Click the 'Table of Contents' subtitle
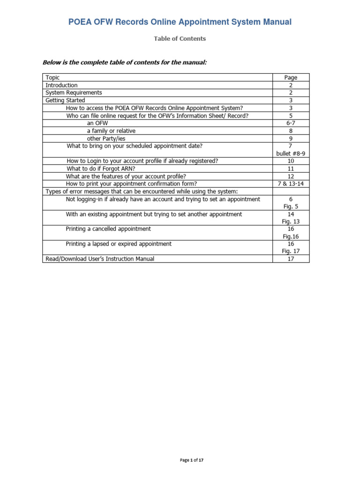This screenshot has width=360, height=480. coord(180,39)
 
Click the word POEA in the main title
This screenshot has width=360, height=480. coord(80,22)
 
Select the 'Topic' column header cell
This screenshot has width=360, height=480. coord(52,78)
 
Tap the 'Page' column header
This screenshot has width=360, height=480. coord(291,78)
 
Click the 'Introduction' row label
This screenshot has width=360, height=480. coord(61,85)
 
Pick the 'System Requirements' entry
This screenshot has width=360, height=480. coord(74,93)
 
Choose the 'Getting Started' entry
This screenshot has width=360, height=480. coord(65,100)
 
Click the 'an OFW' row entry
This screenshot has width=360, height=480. coord(97,123)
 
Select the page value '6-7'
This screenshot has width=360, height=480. coord(291,123)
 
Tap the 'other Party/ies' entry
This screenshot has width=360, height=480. coord(106,139)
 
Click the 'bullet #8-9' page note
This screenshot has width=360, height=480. coord(291,153)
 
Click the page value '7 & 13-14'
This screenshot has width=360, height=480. coord(291,184)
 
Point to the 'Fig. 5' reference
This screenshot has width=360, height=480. coord(291,206)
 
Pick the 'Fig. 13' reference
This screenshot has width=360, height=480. coord(291,221)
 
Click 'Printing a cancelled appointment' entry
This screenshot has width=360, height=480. coord(108,229)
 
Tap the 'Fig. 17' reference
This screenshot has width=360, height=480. coord(291,251)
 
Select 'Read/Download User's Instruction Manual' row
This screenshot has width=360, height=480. coord(99,259)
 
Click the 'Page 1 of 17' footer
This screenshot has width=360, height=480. coord(192,461)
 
